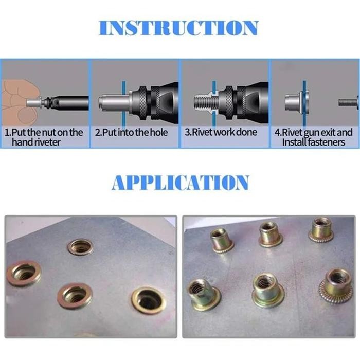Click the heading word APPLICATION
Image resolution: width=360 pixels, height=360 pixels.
point(180,182)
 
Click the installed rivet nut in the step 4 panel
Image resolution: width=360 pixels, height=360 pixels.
point(294,102)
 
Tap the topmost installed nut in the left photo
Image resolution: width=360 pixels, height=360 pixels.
point(80,247)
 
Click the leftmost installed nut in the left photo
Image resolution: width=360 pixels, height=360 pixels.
point(24,273)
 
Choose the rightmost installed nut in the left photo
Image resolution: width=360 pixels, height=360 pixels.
point(148,300)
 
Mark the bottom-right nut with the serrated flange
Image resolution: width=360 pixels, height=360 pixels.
point(336,284)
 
